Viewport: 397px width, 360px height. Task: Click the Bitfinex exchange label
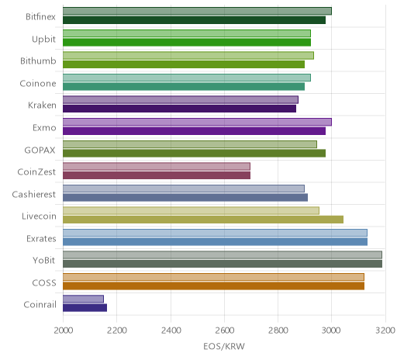coord(40,17)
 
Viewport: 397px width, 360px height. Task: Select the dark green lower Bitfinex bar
coord(194,20)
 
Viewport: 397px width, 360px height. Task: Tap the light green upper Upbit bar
coord(187,33)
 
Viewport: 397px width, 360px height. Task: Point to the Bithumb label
coord(38,61)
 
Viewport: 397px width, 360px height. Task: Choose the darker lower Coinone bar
coord(184,87)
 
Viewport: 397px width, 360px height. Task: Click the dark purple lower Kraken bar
coord(179,109)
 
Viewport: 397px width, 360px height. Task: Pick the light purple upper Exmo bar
coord(197,122)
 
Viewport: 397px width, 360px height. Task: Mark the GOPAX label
coord(40,151)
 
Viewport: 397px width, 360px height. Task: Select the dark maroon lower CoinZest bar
coord(157,175)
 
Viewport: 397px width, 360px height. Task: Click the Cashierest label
coord(33,195)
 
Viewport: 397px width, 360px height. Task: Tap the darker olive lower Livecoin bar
coord(203,220)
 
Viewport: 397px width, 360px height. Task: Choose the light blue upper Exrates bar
coord(215,233)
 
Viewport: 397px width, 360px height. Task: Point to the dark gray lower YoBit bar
coord(223,264)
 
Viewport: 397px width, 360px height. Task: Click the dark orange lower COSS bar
coord(213,286)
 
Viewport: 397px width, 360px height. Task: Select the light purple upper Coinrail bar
coord(83,299)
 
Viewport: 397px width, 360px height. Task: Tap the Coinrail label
coord(40,305)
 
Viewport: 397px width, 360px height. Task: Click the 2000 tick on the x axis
coord(64,331)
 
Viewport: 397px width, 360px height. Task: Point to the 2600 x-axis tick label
coord(224,331)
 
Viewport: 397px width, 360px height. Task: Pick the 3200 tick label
coord(385,331)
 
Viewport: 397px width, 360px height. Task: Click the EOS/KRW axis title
coord(224,347)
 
